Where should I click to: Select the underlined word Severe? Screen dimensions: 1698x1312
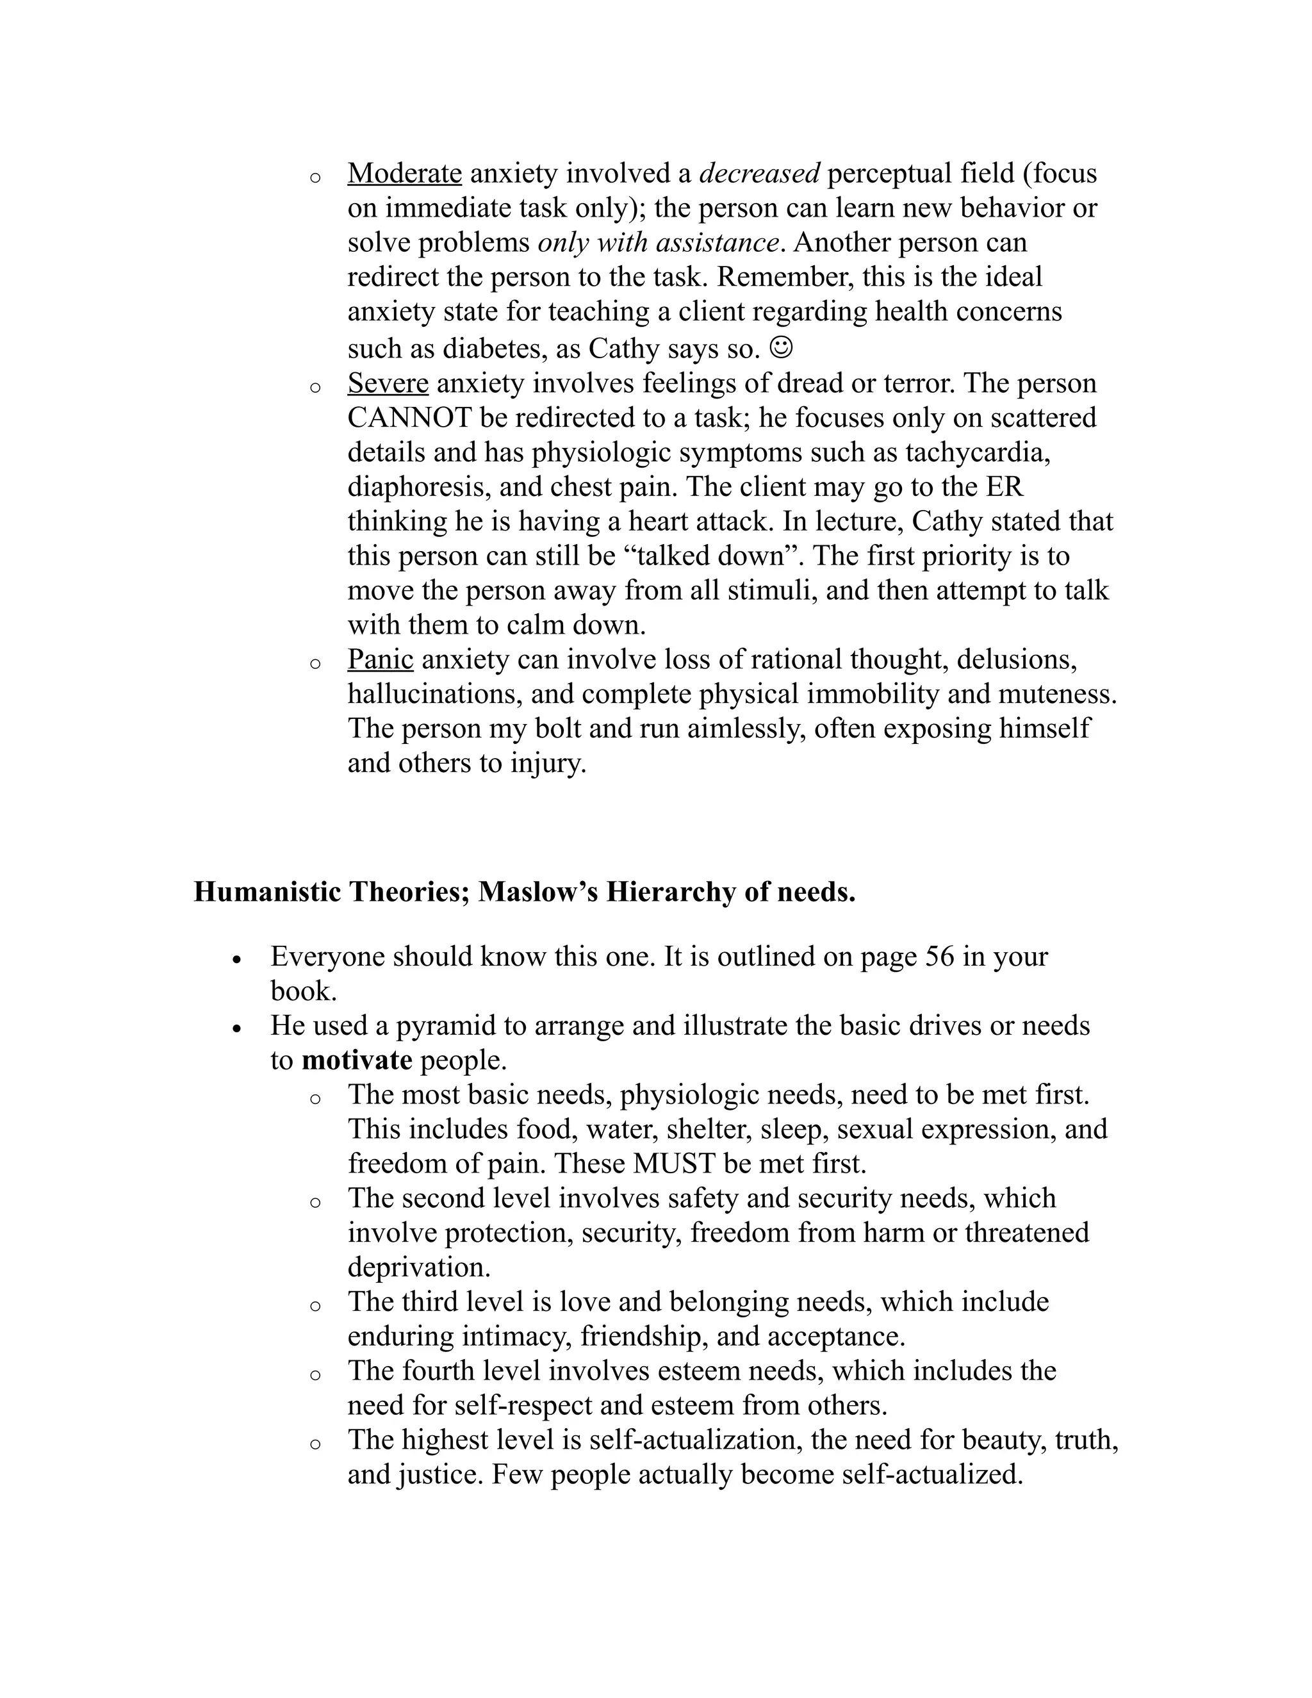pyautogui.click(x=388, y=383)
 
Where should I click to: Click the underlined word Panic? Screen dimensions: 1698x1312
pyautogui.click(x=380, y=659)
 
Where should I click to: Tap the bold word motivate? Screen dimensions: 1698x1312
pyautogui.click(x=357, y=1060)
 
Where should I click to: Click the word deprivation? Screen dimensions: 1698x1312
pyautogui.click(x=418, y=1267)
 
